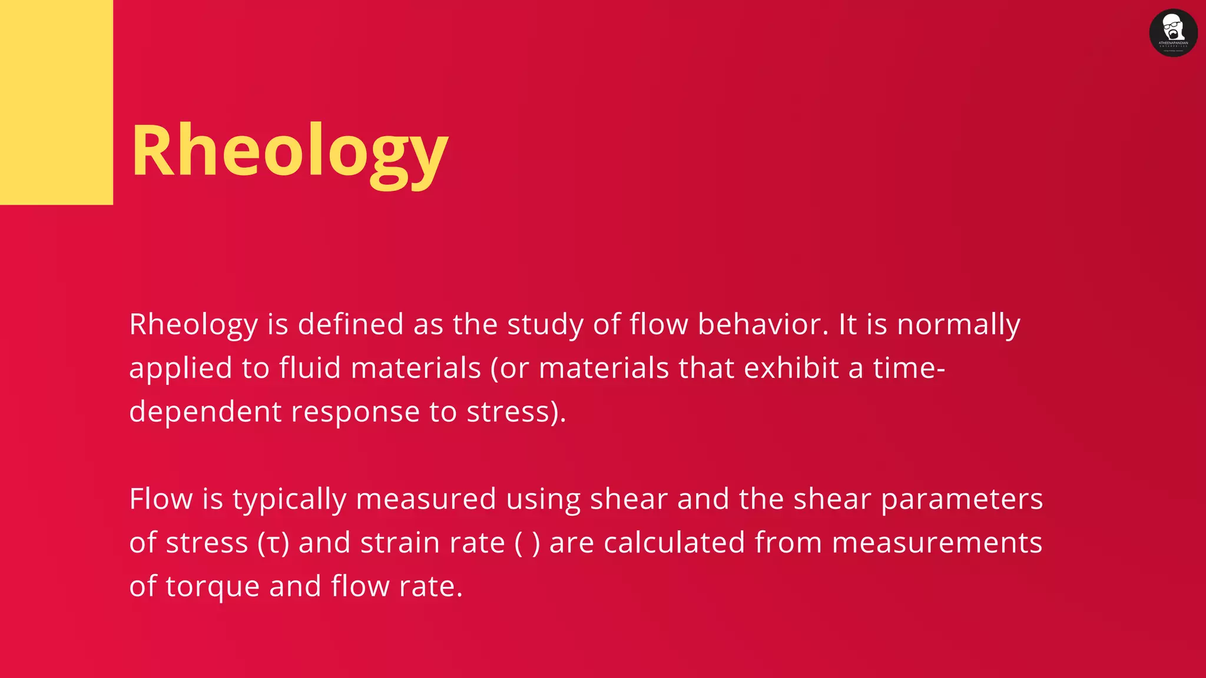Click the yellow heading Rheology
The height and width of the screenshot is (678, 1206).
pyautogui.click(x=289, y=151)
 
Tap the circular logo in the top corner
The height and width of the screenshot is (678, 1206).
pyautogui.click(x=1173, y=33)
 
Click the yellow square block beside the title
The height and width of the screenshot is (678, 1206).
pyautogui.click(x=57, y=102)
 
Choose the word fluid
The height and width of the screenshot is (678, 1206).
pyautogui.click(x=310, y=368)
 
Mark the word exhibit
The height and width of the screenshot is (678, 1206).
pyautogui.click(x=791, y=368)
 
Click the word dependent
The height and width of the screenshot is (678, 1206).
pyautogui.click(x=205, y=411)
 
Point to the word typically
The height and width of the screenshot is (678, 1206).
pyautogui.click(x=289, y=500)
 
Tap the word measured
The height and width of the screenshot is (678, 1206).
pyautogui.click(x=426, y=499)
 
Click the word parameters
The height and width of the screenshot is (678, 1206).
pyautogui.click(x=962, y=500)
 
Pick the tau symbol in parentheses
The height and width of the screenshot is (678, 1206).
pyautogui.click(x=274, y=543)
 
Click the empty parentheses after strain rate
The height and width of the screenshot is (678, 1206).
pyautogui.click(x=527, y=543)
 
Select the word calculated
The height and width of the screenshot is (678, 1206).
pyautogui.click(x=674, y=543)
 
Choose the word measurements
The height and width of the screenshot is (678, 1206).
pyautogui.click(x=937, y=543)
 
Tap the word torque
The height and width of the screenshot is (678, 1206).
pyautogui.click(x=213, y=587)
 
